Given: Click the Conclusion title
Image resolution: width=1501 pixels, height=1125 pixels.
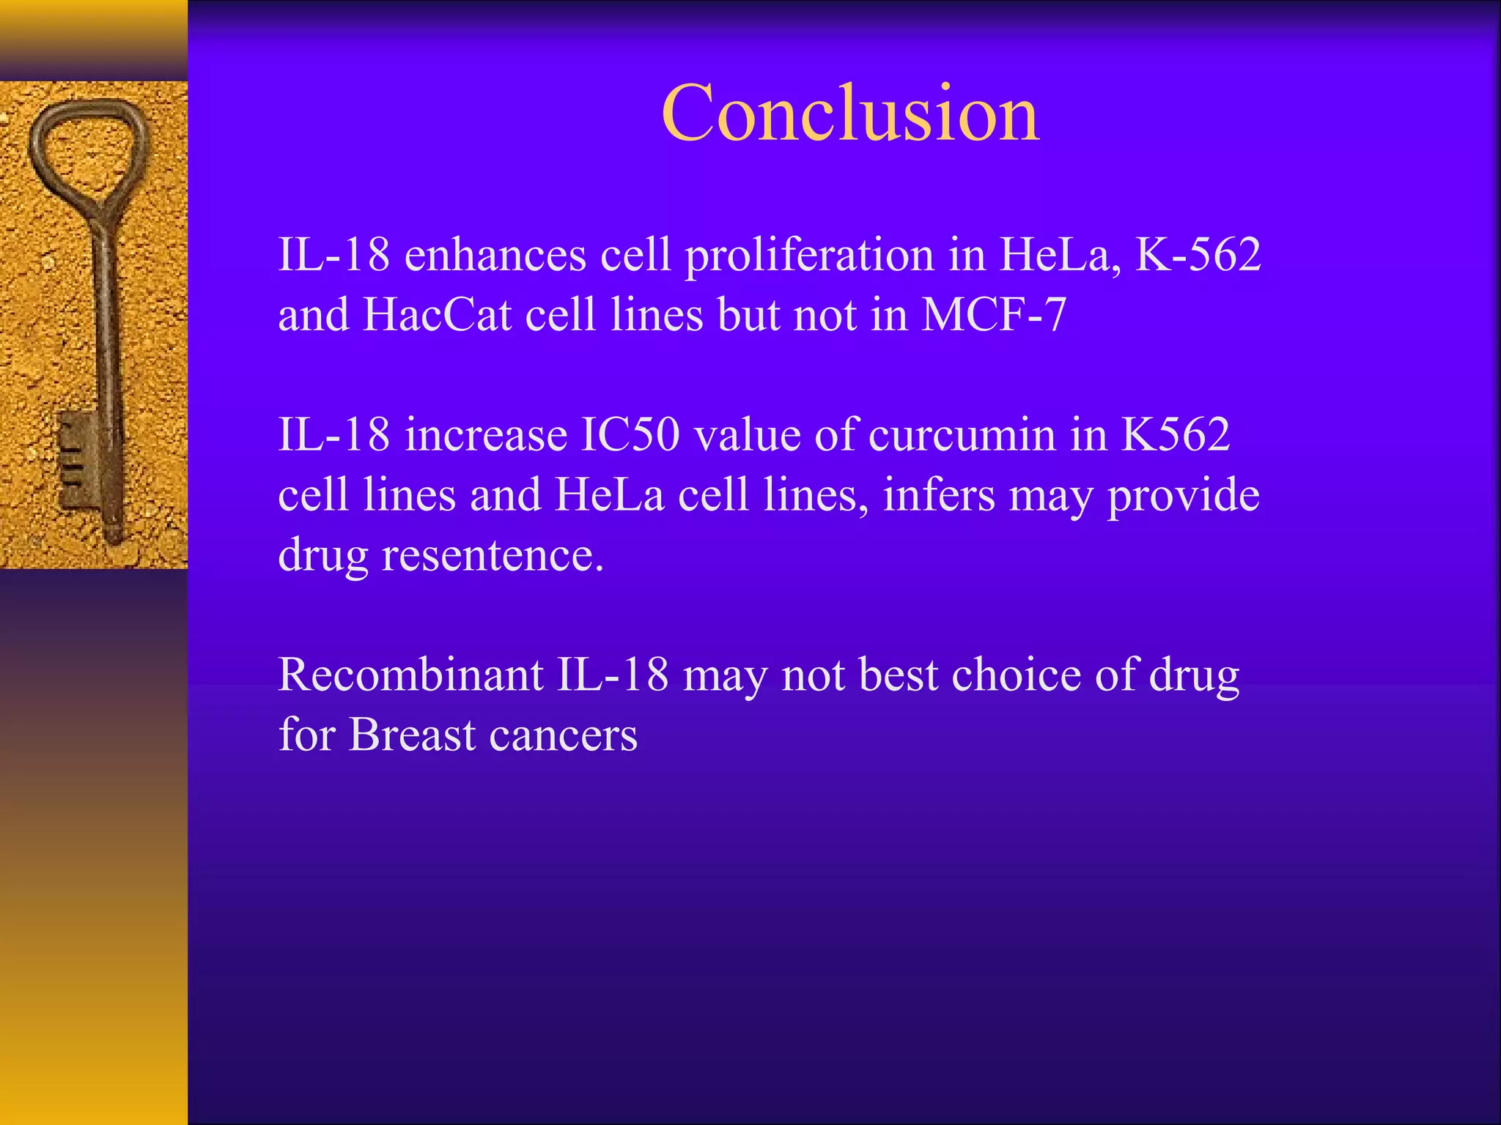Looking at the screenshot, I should [850, 114].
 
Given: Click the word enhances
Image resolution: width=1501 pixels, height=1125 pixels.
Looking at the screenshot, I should [495, 255].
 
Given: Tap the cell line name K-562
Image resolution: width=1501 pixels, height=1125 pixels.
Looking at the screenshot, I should [1198, 255].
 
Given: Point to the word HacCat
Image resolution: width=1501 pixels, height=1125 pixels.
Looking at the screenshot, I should [437, 315].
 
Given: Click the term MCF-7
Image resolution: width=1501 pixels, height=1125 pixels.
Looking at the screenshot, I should [993, 315].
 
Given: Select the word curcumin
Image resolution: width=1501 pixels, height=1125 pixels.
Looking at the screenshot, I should [962, 434].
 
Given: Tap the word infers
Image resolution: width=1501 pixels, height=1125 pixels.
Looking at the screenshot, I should [938, 494].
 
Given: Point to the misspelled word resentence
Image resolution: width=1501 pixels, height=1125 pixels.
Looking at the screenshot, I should [493, 554].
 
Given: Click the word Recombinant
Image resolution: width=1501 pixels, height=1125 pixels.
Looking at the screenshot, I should [410, 674].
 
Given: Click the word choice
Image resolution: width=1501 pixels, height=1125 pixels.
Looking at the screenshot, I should [1016, 674].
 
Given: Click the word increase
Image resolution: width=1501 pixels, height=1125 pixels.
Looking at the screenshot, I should [485, 434].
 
